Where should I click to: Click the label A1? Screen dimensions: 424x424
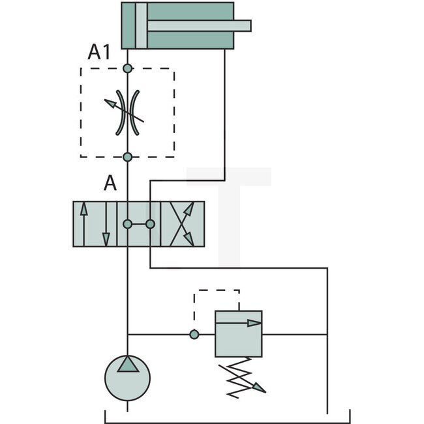100,53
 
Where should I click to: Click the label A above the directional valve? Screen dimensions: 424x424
110,183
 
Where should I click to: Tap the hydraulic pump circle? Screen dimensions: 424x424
127,378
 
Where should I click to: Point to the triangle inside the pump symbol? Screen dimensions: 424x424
127,364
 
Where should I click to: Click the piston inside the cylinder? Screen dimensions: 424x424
141,25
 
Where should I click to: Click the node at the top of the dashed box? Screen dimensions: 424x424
127,68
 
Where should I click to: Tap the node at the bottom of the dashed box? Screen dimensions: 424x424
127,157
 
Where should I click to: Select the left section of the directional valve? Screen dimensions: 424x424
95,224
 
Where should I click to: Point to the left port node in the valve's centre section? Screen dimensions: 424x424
127,224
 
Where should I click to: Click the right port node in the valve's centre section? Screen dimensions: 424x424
150,224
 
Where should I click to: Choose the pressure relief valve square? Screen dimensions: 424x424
238,334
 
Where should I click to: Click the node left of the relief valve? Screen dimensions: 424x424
194,335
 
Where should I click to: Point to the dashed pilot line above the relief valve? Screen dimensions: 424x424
217,290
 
